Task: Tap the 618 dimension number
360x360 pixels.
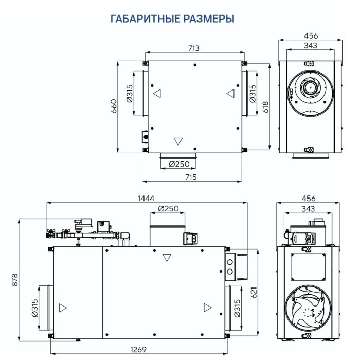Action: click(x=266, y=105)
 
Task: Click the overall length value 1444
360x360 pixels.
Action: click(x=147, y=198)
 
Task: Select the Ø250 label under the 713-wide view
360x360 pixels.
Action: click(x=179, y=164)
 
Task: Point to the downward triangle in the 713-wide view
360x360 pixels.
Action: click(x=178, y=141)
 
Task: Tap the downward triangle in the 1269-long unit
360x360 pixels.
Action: click(x=166, y=258)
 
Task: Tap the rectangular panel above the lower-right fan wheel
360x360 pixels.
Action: click(x=308, y=266)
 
